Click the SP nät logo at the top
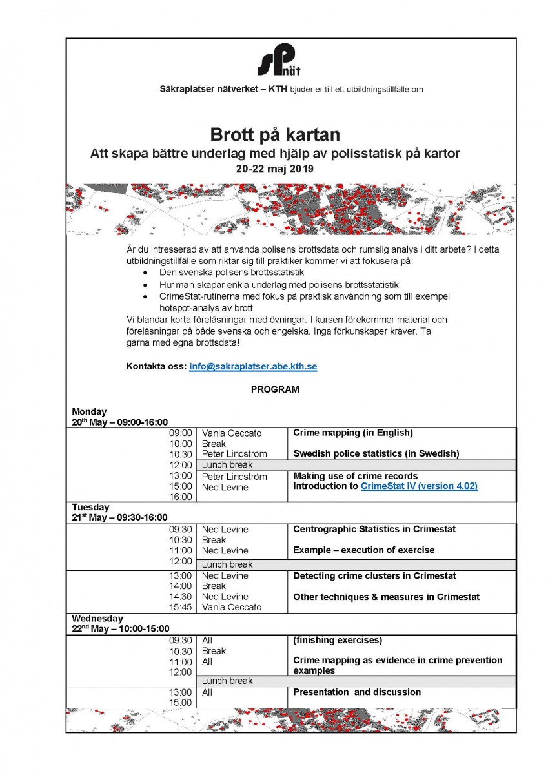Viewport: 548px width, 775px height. [x=277, y=60]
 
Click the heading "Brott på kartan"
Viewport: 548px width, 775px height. [x=275, y=135]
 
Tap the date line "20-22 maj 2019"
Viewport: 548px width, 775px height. [x=275, y=169]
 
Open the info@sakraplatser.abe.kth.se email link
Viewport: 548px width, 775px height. [x=253, y=366]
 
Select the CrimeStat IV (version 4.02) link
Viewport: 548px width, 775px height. [x=419, y=486]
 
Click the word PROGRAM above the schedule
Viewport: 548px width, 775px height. [x=275, y=389]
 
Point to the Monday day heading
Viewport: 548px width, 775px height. [x=89, y=411]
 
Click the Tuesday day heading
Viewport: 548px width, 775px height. [x=90, y=507]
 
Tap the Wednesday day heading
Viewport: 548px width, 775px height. [x=96, y=617]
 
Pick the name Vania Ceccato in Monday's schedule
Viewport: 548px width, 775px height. [x=232, y=433]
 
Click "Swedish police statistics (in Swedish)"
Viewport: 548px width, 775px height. [x=376, y=453]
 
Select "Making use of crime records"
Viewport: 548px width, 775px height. [x=355, y=476]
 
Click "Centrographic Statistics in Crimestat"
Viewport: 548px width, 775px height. [x=374, y=529]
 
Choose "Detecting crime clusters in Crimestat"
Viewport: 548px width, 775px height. [x=374, y=575]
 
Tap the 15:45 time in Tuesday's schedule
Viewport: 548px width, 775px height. [x=181, y=607]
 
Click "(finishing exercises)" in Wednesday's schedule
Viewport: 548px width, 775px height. [x=338, y=640]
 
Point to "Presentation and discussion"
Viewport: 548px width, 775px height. [x=357, y=692]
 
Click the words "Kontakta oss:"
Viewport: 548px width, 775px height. [x=156, y=366]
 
